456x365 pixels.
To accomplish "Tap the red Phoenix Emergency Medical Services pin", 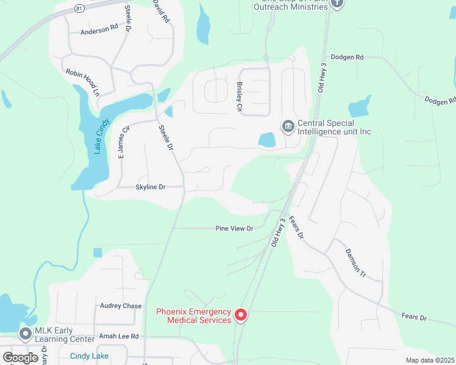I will click(x=241, y=315).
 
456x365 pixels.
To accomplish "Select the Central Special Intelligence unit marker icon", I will click(x=288, y=126).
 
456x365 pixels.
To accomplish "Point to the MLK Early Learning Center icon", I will click(x=26, y=333).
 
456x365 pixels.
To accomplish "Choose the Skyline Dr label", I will click(x=150, y=187).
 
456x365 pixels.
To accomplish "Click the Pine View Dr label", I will click(x=234, y=229).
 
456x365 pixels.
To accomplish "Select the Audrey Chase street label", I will click(x=121, y=306).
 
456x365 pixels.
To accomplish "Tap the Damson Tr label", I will click(x=355, y=263).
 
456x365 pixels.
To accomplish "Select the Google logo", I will click(x=21, y=358).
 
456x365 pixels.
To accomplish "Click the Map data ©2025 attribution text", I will click(x=429, y=360).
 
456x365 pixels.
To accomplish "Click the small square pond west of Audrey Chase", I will click(x=98, y=252).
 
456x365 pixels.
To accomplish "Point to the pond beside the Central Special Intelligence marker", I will click(x=267, y=140).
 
